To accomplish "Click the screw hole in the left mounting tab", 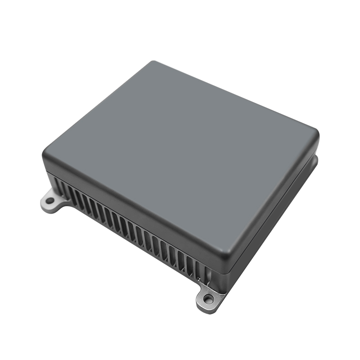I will pos(50,200).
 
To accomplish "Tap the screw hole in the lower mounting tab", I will pos(207,298).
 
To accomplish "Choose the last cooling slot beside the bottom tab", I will pos(202,270).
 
